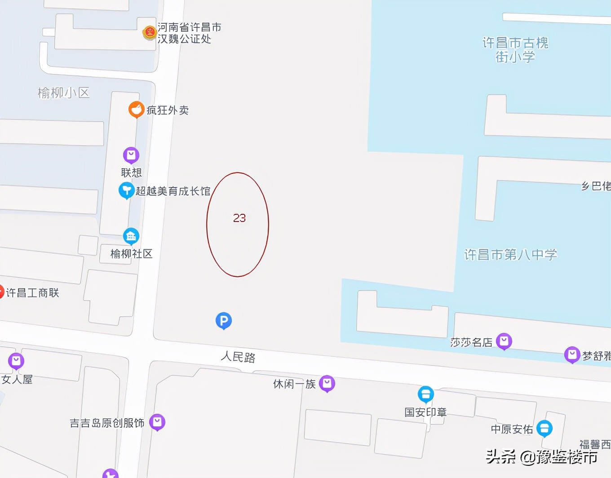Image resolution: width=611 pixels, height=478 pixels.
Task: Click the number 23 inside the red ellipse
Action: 239,218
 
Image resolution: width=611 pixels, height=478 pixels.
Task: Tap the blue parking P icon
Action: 224,321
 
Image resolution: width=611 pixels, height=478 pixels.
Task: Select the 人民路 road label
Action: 238,357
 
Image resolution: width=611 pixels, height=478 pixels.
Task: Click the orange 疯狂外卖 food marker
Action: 136,109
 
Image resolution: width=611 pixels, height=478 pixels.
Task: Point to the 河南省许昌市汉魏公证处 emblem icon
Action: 149,32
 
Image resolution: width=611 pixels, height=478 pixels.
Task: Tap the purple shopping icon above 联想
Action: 131,155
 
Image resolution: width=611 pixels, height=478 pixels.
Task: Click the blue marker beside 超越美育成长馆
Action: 126,190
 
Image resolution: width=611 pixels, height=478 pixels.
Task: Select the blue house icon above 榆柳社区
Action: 131,236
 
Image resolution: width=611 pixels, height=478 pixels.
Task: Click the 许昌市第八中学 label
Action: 510,255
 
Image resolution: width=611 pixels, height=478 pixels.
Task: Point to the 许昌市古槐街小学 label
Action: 515,49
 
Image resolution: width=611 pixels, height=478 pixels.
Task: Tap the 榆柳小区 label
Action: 64,93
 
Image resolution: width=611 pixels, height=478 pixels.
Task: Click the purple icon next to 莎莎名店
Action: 504,341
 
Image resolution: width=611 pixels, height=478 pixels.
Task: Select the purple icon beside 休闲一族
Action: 327,383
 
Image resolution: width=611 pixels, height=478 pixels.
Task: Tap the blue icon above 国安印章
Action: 425,394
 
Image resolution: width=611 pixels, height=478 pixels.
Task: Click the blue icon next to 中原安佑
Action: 545,428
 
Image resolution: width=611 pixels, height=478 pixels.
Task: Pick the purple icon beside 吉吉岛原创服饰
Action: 157,422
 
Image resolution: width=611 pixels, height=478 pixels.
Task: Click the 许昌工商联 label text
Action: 32,293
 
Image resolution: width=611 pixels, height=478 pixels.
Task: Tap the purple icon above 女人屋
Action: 16,361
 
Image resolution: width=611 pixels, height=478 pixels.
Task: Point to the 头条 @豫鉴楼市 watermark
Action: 541,457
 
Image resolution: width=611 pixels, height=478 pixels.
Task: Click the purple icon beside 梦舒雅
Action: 572,354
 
